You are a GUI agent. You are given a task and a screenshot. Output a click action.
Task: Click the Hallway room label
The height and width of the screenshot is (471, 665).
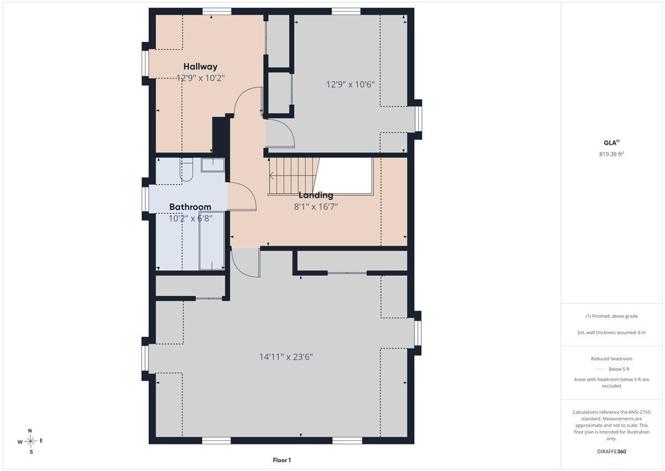point(201,67)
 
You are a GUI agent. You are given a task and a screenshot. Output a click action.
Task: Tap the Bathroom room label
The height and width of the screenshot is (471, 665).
point(190,207)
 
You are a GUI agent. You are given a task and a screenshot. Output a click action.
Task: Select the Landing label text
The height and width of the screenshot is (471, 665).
point(315,195)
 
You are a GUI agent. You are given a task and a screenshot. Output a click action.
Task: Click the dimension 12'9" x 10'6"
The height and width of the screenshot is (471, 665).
point(350,84)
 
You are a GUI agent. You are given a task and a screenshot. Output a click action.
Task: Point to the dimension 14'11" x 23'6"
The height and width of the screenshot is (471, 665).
point(286,357)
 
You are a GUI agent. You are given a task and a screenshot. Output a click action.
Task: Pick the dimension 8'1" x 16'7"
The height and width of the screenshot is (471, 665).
point(316,206)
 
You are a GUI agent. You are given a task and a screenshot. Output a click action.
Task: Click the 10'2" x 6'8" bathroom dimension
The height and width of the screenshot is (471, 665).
point(190,219)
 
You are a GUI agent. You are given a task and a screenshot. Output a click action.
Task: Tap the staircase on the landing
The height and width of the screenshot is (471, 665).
point(293,176)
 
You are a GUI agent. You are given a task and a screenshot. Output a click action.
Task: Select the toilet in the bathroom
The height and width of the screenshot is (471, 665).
point(186,170)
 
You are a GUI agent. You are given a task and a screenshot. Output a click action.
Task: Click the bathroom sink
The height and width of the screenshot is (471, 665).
point(213,165)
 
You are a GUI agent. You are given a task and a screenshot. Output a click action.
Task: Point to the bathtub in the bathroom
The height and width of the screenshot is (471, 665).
point(212,240)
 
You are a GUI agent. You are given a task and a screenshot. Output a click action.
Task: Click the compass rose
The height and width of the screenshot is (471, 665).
point(30,441)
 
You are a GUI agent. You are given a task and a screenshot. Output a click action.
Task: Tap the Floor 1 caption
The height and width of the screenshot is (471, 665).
point(282,460)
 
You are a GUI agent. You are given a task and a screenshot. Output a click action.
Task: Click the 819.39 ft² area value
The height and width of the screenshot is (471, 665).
point(611,154)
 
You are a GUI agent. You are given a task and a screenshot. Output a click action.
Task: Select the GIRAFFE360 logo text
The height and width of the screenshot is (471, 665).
point(611,452)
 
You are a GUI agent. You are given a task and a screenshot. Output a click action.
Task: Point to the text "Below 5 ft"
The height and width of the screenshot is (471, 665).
point(619,369)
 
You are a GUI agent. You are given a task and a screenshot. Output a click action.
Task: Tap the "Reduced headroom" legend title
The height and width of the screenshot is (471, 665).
point(611,359)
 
